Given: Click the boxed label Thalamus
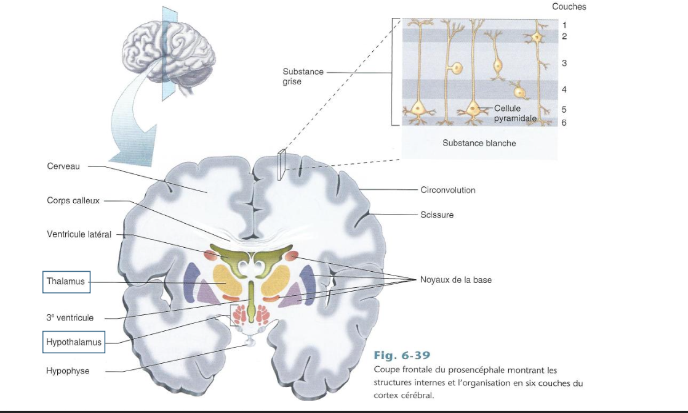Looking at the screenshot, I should point(66,282).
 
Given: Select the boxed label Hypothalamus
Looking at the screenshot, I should point(74,341).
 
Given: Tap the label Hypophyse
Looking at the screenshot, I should point(68,371).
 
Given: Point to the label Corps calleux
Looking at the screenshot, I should point(73,200).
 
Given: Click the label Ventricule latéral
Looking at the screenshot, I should point(79,234).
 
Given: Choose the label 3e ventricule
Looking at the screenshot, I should point(70,317).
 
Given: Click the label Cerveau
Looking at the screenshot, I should point(63,166).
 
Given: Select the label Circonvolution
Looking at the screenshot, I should point(447,190).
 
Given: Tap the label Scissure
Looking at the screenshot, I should point(437,215).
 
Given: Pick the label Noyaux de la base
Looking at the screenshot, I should point(455,280).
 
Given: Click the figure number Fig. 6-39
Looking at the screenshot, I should point(402,356).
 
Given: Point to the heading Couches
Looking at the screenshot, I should point(569,7).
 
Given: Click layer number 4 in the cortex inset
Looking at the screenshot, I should point(564,89).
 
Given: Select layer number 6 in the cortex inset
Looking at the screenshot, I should point(564,123).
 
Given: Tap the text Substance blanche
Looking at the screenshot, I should point(479,143).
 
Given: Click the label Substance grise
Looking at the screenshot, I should point(303,76).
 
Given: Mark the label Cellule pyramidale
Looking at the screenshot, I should point(514,113).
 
